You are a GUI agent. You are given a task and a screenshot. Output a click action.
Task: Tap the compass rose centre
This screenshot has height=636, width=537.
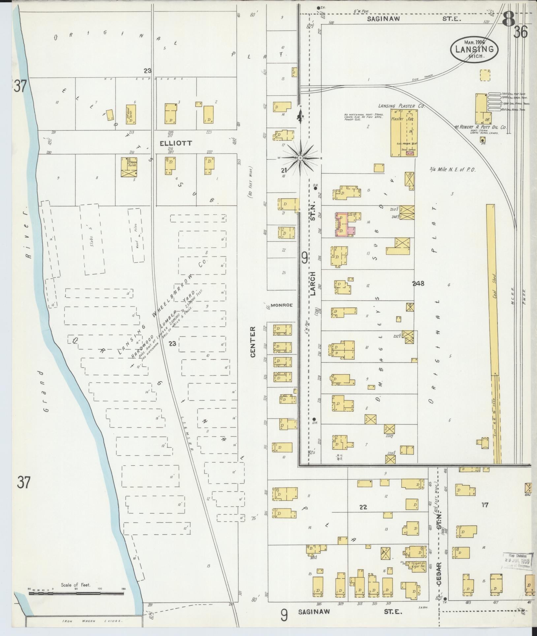(x=300, y=158)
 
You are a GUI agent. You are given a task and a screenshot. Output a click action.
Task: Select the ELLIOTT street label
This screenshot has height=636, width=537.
(x=171, y=144)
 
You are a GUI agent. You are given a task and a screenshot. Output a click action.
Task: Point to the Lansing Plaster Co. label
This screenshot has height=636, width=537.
(x=401, y=107)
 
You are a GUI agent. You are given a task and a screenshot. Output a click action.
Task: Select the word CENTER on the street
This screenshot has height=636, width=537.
(x=253, y=342)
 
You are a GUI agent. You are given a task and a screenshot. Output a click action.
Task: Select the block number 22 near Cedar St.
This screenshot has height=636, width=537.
(x=363, y=507)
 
